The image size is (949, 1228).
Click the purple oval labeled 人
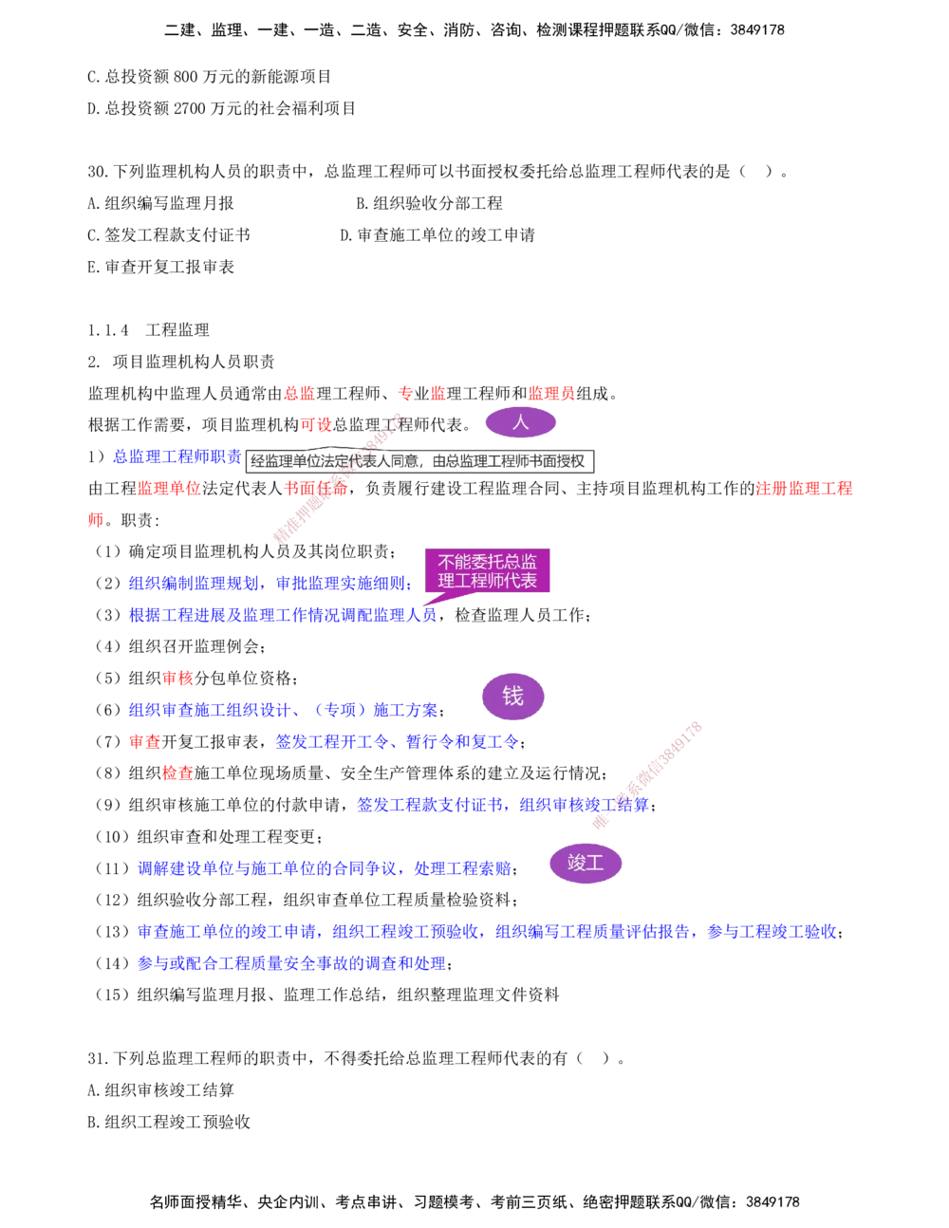521,422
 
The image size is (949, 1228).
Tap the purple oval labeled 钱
512,697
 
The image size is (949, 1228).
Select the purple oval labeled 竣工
585,864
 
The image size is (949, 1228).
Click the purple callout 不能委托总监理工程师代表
488,571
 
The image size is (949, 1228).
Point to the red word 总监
298,393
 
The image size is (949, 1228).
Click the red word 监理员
551,393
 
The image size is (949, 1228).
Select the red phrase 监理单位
170,490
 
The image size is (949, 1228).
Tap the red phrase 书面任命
316,490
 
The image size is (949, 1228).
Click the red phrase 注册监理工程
804,490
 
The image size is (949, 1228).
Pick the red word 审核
177,679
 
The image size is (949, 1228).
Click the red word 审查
145,742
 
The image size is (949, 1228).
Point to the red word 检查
177,773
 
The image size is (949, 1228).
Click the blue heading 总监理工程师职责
177,458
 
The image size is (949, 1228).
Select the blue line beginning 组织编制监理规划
270,583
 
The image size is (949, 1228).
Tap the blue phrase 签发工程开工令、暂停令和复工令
396,742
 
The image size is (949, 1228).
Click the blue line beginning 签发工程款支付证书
502,805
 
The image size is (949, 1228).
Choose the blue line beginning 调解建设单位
325,868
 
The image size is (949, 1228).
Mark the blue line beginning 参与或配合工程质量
291,963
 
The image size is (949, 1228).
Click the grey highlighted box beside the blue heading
420,462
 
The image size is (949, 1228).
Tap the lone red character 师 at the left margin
95,521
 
